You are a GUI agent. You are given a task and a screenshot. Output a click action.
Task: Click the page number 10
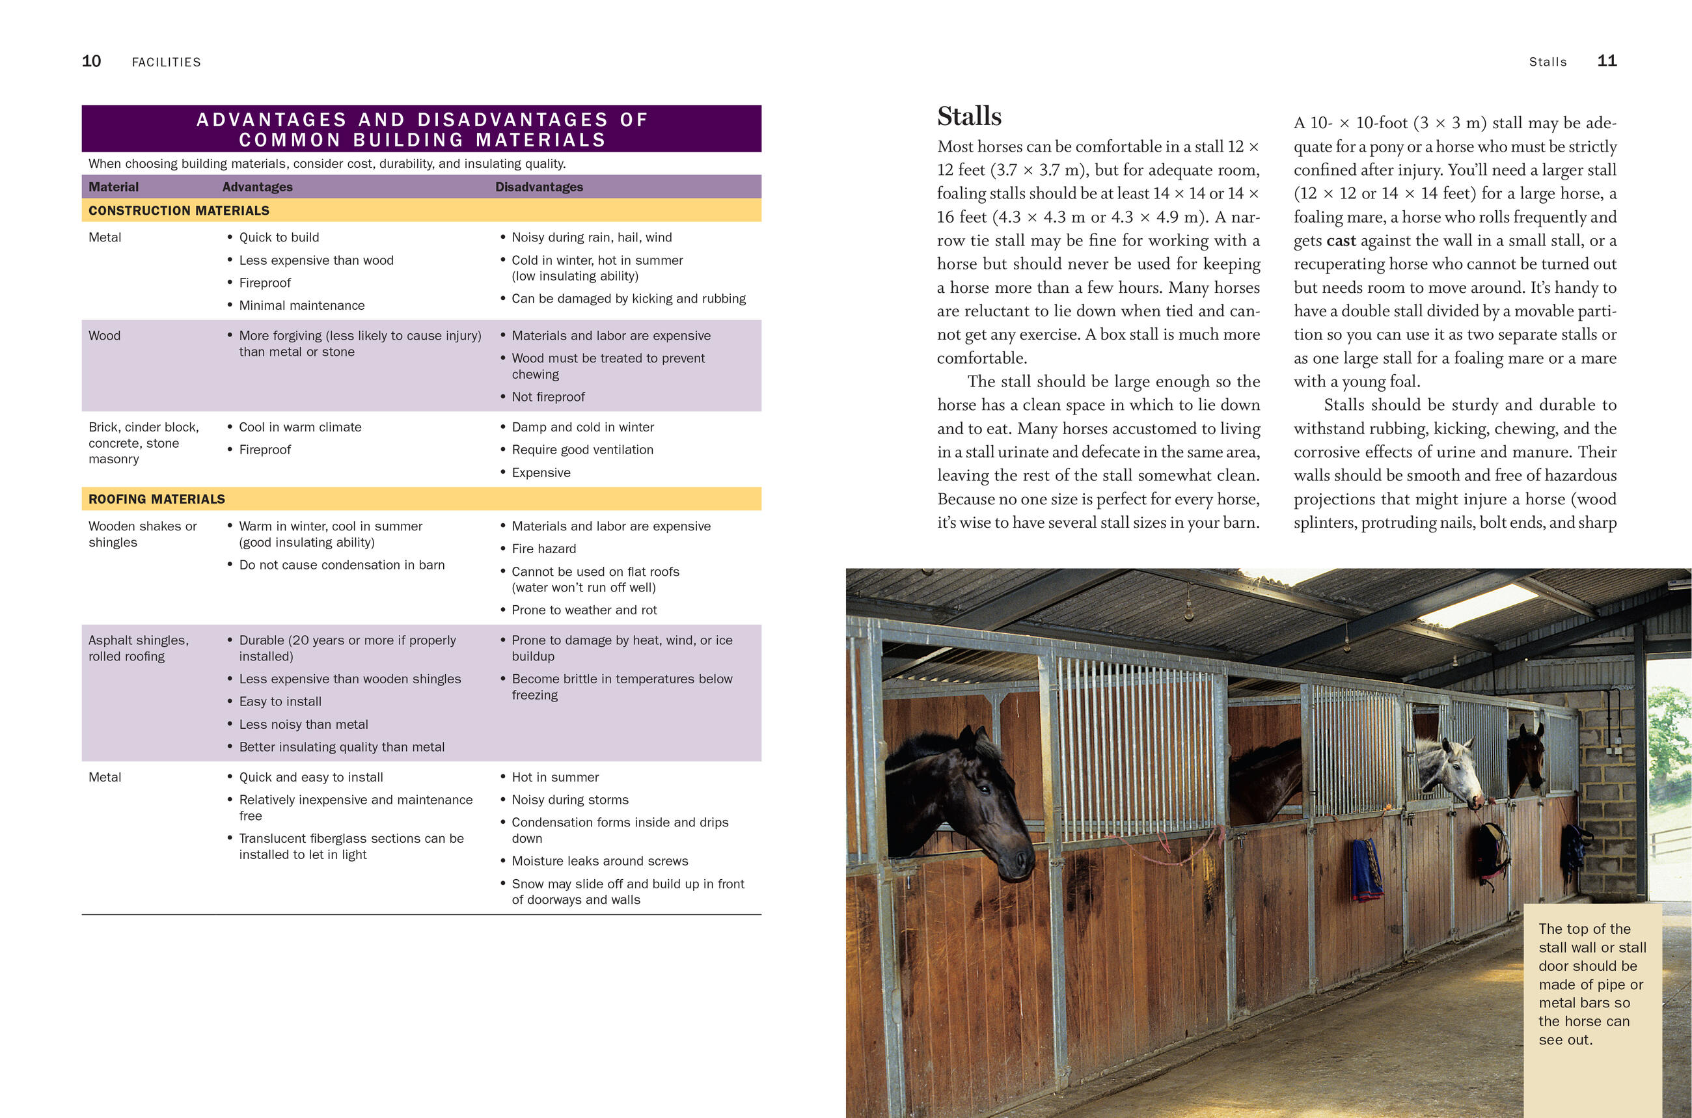click(x=91, y=61)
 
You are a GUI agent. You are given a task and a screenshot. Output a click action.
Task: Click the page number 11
click(x=1607, y=61)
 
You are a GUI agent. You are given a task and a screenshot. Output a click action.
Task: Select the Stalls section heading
click(x=969, y=116)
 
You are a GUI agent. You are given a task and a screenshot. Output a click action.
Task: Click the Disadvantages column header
click(x=539, y=187)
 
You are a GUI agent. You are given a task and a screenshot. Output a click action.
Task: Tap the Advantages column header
click(x=258, y=187)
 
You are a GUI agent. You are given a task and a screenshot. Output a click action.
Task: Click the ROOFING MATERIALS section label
click(x=157, y=499)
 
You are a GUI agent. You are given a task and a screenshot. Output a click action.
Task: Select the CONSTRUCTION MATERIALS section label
click(x=179, y=210)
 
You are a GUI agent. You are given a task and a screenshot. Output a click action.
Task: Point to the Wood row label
click(x=104, y=336)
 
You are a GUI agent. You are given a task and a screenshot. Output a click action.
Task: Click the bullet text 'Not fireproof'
click(x=547, y=397)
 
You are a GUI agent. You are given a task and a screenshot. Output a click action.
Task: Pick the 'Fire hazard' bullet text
click(x=543, y=549)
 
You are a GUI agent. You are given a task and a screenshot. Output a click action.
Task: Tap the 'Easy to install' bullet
click(x=280, y=702)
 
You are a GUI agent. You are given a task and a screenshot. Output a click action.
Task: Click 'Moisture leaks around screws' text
click(x=599, y=862)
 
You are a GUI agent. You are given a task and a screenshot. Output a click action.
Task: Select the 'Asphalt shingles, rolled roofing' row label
click(x=139, y=648)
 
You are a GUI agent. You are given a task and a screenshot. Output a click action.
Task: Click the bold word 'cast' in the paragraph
click(x=1341, y=241)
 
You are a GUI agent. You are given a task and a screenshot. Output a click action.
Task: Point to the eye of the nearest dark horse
click(x=985, y=789)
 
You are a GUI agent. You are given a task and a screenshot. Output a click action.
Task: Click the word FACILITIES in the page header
click(x=166, y=62)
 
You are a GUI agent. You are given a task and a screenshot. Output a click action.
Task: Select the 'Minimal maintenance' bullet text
click(x=301, y=306)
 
